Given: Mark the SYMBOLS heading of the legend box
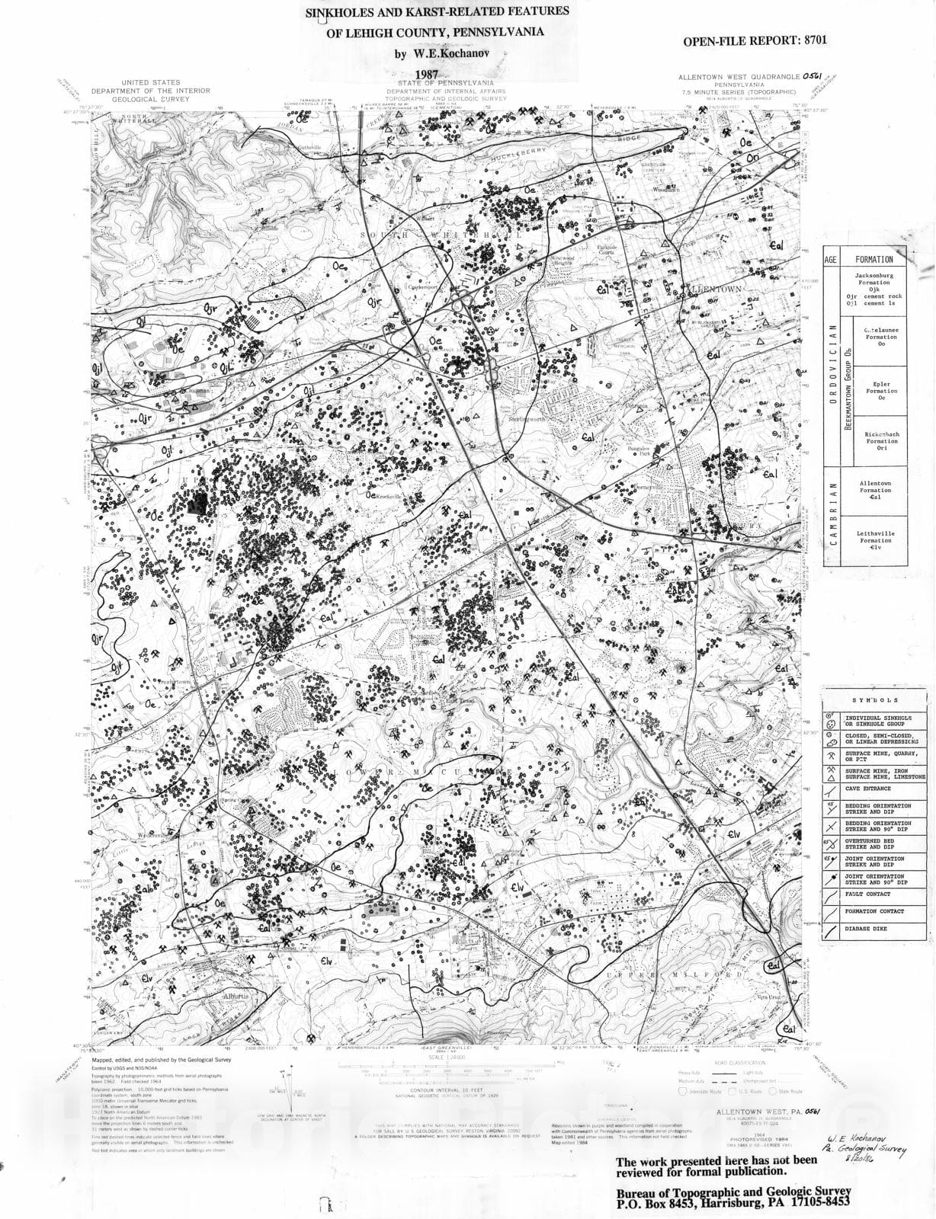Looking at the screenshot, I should tap(874, 700).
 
